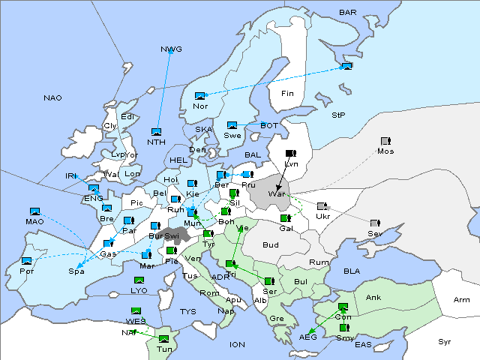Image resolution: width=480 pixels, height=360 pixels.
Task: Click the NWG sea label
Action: tap(171, 49)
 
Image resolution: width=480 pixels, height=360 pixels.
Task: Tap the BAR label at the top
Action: tap(348, 13)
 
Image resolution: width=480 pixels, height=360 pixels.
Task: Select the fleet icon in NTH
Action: tap(156, 132)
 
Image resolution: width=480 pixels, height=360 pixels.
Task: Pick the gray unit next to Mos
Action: tap(385, 141)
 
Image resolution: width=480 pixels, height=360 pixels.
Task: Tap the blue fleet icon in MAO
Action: tap(34, 212)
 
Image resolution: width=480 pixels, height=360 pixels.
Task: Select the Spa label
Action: tap(76, 271)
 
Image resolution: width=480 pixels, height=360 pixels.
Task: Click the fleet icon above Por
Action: tap(27, 260)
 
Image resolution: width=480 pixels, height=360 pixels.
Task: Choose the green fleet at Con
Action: tap(343, 307)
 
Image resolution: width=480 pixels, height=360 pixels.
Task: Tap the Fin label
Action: tap(286, 94)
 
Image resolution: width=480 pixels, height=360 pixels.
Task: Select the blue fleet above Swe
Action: tap(232, 125)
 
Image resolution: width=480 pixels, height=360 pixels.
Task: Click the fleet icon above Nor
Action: tap(199, 96)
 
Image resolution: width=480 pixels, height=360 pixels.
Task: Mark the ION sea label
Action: tap(237, 345)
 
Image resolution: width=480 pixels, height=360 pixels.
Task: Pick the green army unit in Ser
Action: tap(268, 280)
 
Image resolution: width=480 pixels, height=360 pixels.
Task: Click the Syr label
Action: tap(445, 341)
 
